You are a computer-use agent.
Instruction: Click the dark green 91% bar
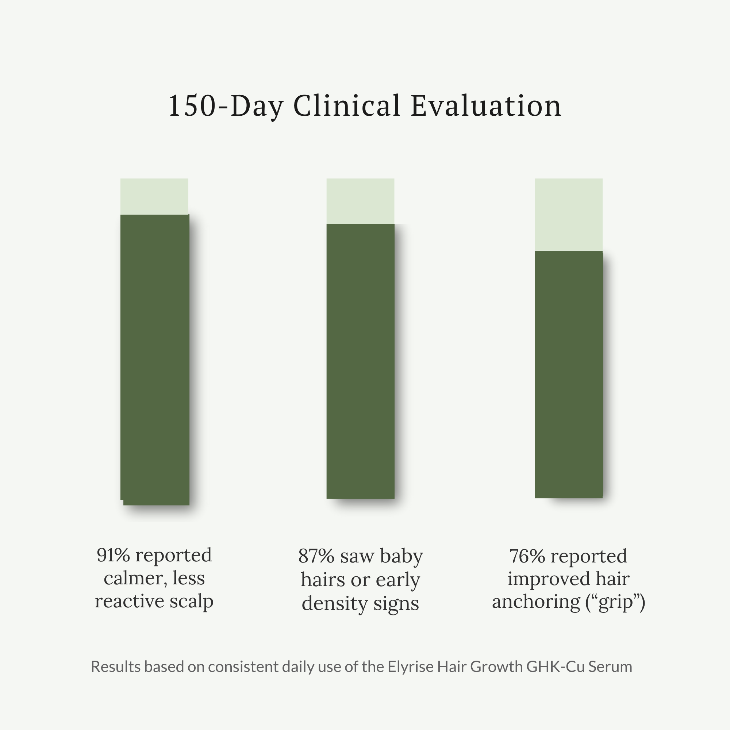pos(154,359)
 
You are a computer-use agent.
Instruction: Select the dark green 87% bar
pos(360,361)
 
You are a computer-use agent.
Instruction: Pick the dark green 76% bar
pos(568,374)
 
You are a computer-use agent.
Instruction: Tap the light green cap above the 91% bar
pos(154,196)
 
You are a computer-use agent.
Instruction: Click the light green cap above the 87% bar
pos(360,201)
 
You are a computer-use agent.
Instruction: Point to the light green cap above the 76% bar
pos(568,214)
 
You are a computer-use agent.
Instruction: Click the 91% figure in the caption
pos(114,555)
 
